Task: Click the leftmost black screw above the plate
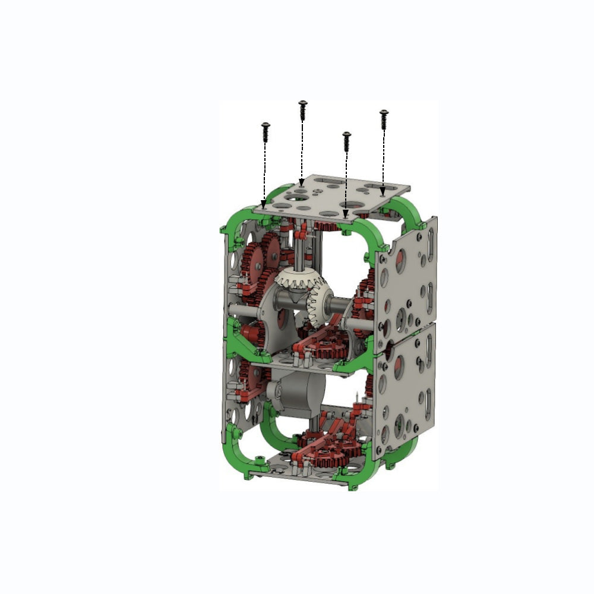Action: pos(266,132)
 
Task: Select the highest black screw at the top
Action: pos(303,110)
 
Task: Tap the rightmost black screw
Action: pos(384,119)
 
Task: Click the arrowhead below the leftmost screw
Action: pos(264,204)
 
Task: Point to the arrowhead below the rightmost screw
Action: pos(383,191)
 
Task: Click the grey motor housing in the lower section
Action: pos(297,394)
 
